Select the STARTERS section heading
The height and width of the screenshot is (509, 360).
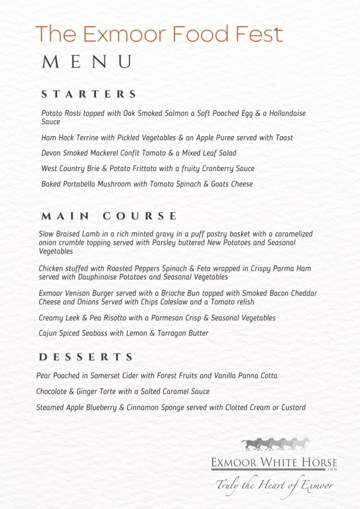[89, 94]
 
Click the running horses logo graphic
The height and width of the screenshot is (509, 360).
[275, 444]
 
